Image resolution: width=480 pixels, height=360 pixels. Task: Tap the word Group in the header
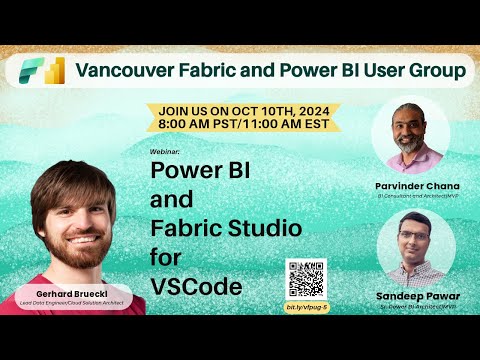436,71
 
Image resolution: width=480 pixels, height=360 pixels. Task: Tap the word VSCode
196,286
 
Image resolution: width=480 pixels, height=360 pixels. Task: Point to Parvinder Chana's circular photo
414,135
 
